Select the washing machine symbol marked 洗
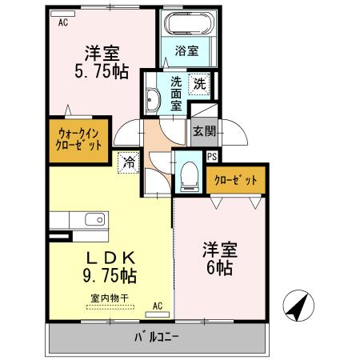(x=198, y=82)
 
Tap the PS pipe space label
(x=212, y=157)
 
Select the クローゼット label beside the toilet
(x=235, y=181)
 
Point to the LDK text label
(x=112, y=258)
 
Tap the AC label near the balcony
(x=158, y=305)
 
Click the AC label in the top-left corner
(x=63, y=23)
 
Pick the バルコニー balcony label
(x=157, y=336)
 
